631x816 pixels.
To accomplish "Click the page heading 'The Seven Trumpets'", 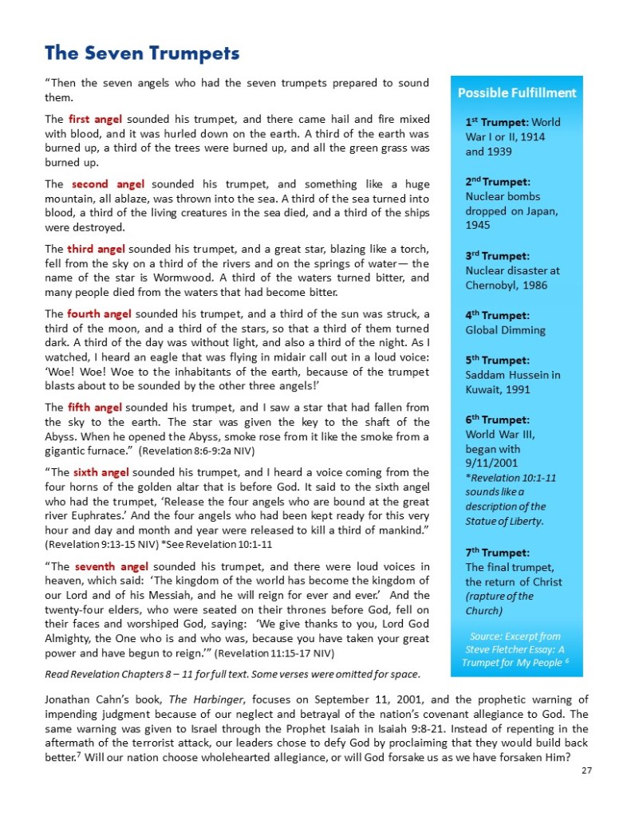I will point(142,53).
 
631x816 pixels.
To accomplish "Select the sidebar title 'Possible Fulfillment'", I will point(516,93).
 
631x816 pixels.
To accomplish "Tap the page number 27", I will point(586,770).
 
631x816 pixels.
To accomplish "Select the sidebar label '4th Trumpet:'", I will point(497,315).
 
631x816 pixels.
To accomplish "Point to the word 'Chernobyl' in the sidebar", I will point(494,285).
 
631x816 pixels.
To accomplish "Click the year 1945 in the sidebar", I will point(479,225).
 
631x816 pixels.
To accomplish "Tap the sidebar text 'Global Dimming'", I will point(506,329).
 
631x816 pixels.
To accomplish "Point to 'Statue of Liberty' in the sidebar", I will point(504,521).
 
